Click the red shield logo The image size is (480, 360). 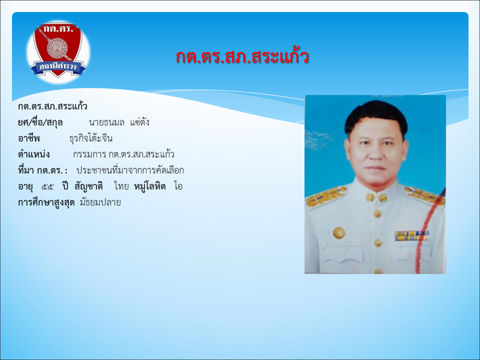tap(58, 50)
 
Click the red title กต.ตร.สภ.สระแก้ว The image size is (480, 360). tap(242, 56)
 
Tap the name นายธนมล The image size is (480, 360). tap(106, 122)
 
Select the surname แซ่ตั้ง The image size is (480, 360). tap(139, 122)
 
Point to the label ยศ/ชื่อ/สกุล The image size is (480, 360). tap(40, 122)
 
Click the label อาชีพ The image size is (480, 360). tap(29, 138)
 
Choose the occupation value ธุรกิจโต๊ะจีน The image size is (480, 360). tap(91, 138)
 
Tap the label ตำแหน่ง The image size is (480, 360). tap(33, 154)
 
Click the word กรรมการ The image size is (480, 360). tap(89, 154)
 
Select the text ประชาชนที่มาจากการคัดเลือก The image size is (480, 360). tap(130, 170)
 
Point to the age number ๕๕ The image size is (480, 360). tap(47, 186)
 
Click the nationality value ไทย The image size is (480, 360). tap(121, 186)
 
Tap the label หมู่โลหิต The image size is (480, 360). tap(149, 186)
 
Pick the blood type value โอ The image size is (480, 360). tap(178, 186)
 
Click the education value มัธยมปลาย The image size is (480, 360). tap(100, 202)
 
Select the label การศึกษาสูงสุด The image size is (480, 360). tap(46, 202)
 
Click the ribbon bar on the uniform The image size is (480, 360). tap(411, 235)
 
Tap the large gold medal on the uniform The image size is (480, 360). tap(339, 233)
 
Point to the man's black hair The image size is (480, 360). tap(376, 116)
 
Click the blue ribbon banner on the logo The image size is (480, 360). tap(58, 67)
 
